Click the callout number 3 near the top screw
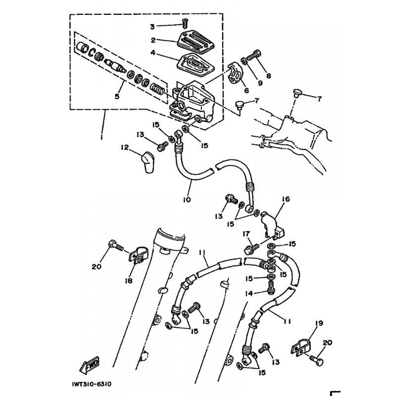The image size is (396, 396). coord(152,27)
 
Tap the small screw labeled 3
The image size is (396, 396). coord(185,24)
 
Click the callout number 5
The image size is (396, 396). coord(117,96)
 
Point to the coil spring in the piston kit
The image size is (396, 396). coord(158,89)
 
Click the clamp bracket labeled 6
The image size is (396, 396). coord(236,73)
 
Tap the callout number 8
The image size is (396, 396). coord(268,76)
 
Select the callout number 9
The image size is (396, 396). coord(260,83)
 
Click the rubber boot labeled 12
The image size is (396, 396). coord(148,162)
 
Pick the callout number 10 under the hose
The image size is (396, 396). coord(187,199)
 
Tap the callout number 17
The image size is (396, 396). coord(246,234)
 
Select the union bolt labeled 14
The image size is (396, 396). coord(271,288)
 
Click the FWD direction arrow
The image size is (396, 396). coord(90,365)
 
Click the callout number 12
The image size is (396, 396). coord(125,147)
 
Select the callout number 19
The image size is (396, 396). coord(319,323)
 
